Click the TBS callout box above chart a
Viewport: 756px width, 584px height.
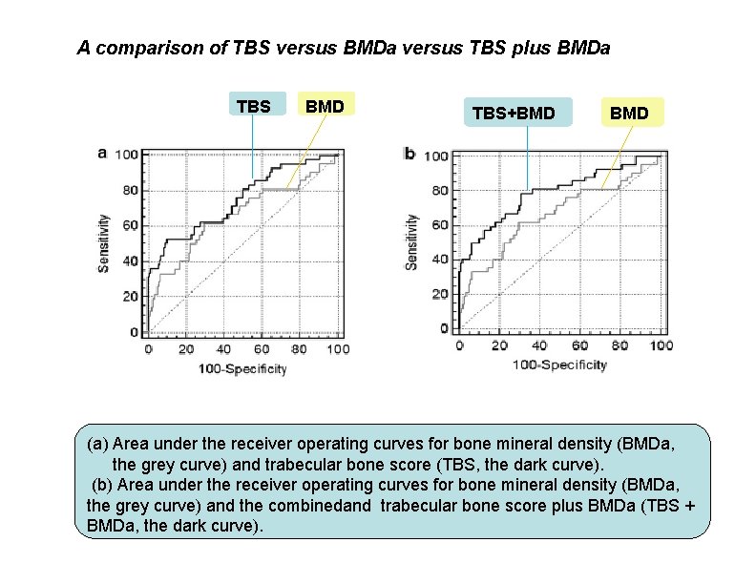tap(253, 106)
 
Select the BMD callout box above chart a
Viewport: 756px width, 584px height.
tap(325, 105)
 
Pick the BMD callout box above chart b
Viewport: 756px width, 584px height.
tap(629, 114)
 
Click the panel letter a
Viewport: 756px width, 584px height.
tap(103, 152)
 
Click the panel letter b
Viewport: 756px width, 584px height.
tap(410, 153)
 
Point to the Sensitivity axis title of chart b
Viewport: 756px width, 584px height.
tap(411, 240)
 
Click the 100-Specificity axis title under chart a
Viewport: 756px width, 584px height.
tap(242, 369)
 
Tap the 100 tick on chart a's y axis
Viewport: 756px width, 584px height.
tap(127, 155)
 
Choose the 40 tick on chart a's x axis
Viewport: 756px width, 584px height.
tap(224, 350)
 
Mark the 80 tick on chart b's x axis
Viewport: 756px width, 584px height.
tap(619, 345)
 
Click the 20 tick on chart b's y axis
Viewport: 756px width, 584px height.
tap(440, 294)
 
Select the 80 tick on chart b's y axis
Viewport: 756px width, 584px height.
tap(440, 190)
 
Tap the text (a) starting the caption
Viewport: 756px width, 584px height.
tap(97, 445)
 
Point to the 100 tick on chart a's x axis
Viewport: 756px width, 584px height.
tap(338, 350)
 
